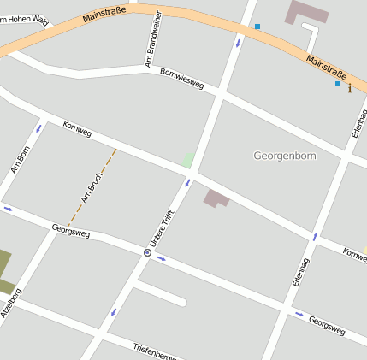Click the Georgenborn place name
pos(285,156)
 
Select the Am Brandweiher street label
pos(153,39)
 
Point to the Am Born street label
pos(20,159)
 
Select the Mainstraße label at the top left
pos(105,15)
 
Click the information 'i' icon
pos(349,89)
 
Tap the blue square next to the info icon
pos(338,84)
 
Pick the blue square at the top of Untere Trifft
pos(257,27)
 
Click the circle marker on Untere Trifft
pos(147,253)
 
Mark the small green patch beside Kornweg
pos(187,160)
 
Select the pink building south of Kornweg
pos(216,198)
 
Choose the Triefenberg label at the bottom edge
pos(154,350)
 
